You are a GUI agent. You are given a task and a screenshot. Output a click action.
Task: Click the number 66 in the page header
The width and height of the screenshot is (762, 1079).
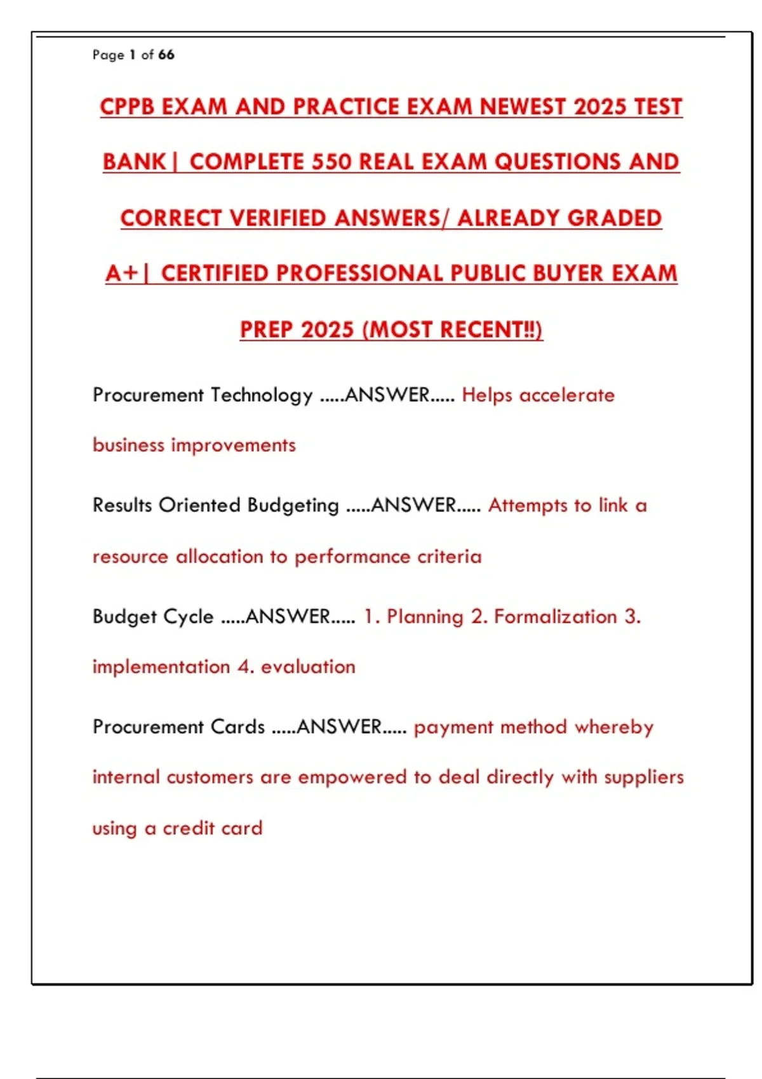tap(166, 55)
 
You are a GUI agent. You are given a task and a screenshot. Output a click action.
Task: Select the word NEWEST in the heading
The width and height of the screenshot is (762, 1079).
tap(523, 107)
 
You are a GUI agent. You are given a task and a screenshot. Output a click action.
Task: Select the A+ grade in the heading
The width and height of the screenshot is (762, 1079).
tap(122, 273)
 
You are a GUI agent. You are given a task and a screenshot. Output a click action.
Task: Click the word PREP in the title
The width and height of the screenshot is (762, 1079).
tap(267, 329)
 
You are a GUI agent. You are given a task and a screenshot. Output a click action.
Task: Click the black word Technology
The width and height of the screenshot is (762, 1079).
tap(262, 395)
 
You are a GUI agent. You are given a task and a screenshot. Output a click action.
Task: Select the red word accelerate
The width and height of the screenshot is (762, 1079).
tap(567, 395)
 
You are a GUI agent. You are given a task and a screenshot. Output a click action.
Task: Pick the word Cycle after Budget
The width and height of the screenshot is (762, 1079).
tap(189, 616)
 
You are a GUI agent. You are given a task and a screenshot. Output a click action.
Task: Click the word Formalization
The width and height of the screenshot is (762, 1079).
tap(556, 616)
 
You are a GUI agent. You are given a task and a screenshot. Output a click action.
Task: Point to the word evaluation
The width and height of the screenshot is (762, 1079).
tap(308, 666)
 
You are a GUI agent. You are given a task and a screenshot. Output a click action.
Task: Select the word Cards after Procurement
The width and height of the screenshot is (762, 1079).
tap(237, 727)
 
